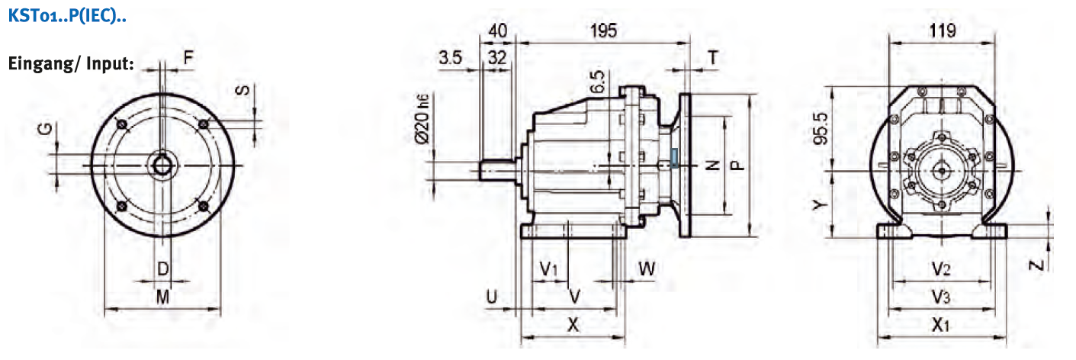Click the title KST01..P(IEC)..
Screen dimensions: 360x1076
[66, 16]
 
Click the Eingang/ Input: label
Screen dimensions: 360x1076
[71, 63]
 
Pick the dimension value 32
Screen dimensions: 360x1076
[498, 57]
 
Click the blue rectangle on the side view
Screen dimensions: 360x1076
[674, 156]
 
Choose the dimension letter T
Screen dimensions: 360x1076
[712, 57]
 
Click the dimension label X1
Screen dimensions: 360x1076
[941, 325]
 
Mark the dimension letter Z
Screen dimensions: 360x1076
[1035, 265]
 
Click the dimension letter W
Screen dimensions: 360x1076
[647, 268]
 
